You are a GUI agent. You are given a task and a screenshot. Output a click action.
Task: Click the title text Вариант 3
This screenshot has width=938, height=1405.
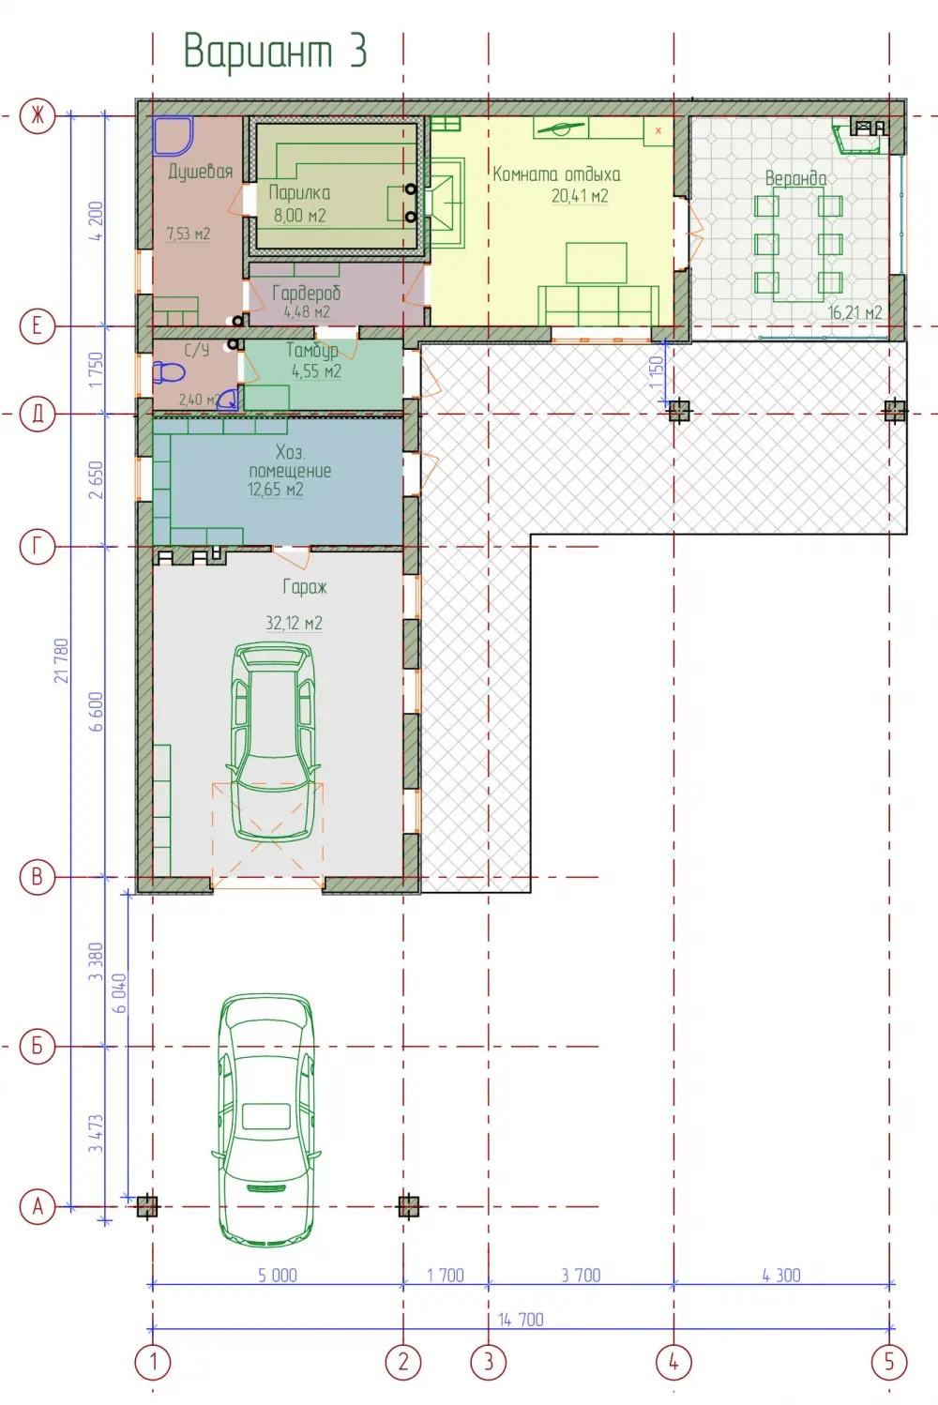click(x=275, y=51)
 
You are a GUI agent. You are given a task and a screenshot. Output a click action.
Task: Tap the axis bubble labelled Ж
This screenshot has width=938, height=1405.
click(x=37, y=116)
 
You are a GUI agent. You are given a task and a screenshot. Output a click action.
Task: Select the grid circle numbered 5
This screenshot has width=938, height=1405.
click(x=889, y=1362)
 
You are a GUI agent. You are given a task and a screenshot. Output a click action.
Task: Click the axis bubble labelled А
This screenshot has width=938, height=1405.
click(x=37, y=1206)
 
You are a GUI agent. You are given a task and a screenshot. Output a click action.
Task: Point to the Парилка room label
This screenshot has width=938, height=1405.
click(x=299, y=192)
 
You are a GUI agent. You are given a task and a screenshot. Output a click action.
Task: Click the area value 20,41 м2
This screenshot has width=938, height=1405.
click(x=580, y=196)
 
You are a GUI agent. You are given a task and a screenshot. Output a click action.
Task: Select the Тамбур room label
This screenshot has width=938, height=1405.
click(x=311, y=351)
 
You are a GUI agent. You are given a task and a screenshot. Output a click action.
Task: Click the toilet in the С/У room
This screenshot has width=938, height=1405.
click(x=169, y=373)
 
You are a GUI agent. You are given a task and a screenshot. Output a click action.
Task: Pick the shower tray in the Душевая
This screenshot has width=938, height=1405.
click(x=172, y=135)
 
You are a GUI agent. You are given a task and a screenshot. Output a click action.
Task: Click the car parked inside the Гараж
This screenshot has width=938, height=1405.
click(x=273, y=742)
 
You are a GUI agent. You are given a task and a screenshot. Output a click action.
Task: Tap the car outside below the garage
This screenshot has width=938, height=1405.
click(x=266, y=1119)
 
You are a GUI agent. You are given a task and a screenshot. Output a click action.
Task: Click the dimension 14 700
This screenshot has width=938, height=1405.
click(x=521, y=1320)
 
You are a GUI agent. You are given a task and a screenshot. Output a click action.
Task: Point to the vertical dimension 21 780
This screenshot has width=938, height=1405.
click(x=62, y=660)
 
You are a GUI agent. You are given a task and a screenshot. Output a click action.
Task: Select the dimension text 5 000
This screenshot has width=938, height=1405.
click(x=278, y=1276)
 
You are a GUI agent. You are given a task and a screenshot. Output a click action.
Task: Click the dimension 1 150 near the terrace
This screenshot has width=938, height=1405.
click(x=657, y=372)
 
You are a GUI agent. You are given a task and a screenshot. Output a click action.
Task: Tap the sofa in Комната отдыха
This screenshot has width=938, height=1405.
click(x=598, y=306)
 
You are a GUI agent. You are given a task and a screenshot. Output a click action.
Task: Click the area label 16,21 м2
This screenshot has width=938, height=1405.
click(x=855, y=312)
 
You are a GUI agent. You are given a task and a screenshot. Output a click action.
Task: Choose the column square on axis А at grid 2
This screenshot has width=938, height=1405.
click(x=408, y=1205)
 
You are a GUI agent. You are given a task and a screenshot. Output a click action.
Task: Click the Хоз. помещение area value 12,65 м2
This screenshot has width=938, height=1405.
click(x=276, y=490)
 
